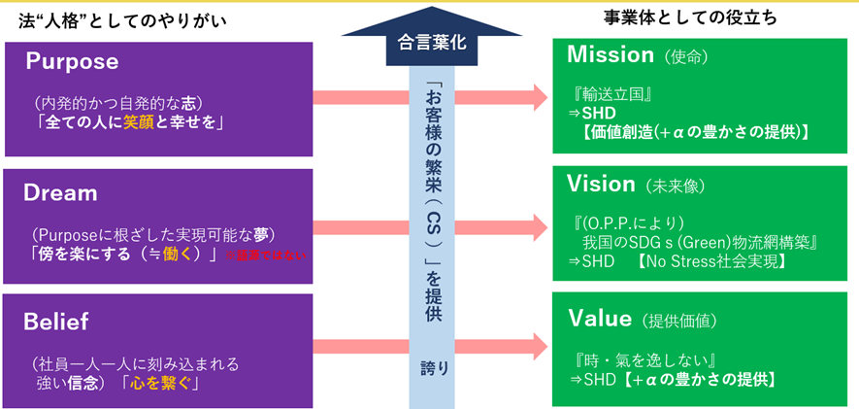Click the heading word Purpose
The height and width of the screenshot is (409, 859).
pyautogui.click(x=72, y=62)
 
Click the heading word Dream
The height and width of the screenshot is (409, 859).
pyautogui.click(x=60, y=192)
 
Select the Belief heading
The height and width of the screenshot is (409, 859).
pyautogui.click(x=56, y=320)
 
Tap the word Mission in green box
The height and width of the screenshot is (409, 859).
pyautogui.click(x=610, y=55)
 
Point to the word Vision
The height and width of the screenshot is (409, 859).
pyautogui.click(x=601, y=184)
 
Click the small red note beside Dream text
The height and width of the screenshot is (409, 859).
pyautogui.click(x=265, y=256)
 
